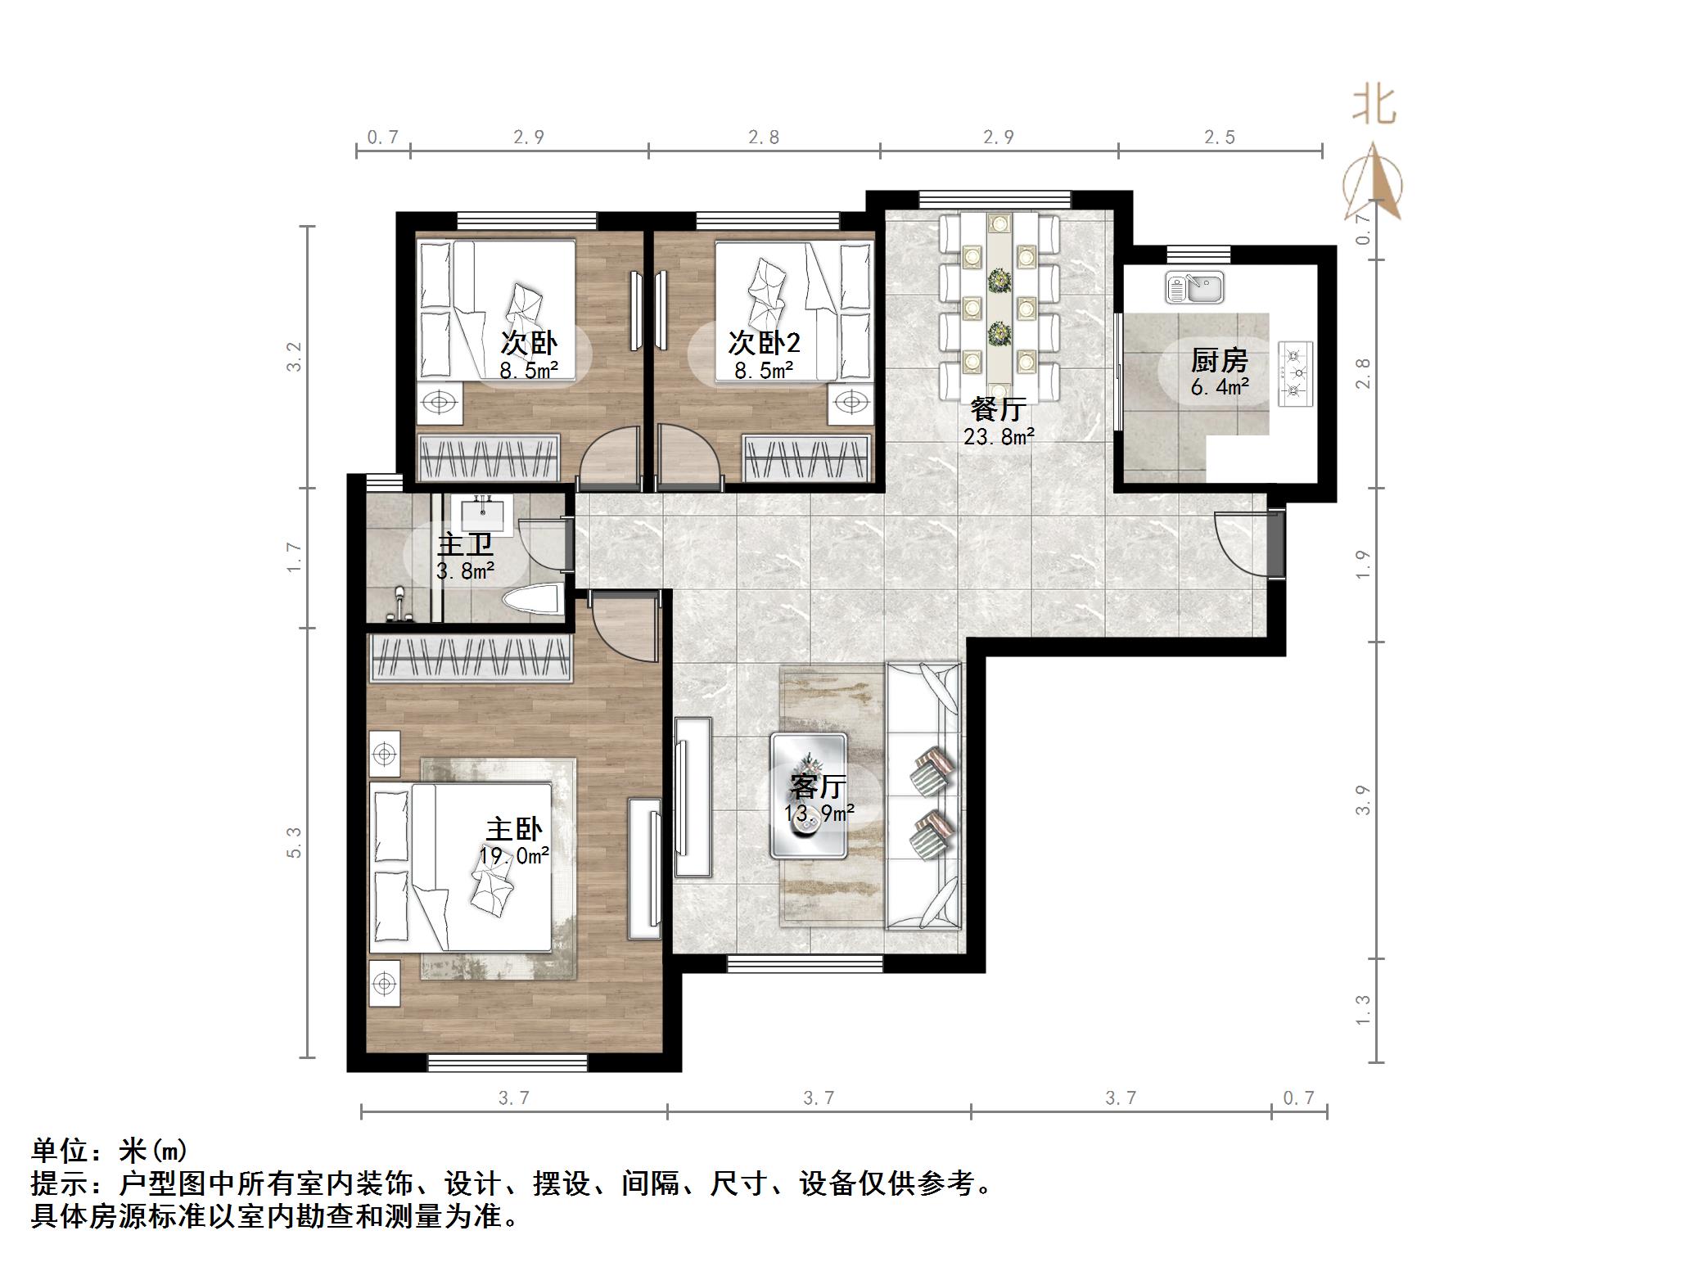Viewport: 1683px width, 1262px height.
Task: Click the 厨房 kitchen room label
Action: pyautogui.click(x=1219, y=360)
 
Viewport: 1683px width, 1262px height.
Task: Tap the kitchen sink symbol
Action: pyautogui.click(x=1194, y=288)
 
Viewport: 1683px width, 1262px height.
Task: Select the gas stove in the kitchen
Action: pyautogui.click(x=1295, y=374)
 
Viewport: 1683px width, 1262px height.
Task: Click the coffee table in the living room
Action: pyautogui.click(x=808, y=795)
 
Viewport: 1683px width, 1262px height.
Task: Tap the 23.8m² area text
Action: pyautogui.click(x=999, y=436)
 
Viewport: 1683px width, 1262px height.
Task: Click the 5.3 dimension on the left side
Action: pyautogui.click(x=294, y=842)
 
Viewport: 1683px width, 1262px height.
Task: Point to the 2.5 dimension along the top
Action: pyautogui.click(x=1219, y=137)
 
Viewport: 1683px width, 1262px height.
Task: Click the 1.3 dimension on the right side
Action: pyautogui.click(x=1362, y=1009)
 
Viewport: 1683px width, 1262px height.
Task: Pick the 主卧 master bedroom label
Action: pyautogui.click(x=514, y=830)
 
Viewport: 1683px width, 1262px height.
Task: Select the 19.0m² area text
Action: pyautogui.click(x=514, y=856)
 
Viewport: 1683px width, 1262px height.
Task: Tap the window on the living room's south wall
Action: pyautogui.click(x=805, y=965)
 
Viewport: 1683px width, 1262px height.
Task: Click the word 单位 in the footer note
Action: pyautogui.click(x=60, y=1151)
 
